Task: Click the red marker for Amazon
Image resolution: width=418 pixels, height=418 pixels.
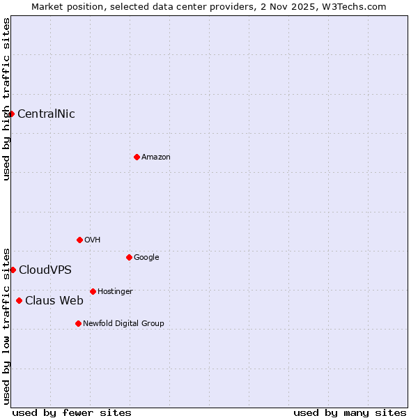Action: pos(137,157)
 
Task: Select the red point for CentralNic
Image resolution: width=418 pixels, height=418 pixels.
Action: pos(11,114)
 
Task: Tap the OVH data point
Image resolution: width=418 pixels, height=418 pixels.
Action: pos(79,240)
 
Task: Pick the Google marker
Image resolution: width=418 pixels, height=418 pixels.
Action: pos(129,257)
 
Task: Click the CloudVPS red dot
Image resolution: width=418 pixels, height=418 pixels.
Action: pos(13,270)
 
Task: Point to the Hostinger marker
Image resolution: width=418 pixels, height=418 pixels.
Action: pos(93,291)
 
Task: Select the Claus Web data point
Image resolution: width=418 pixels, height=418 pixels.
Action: pos(19,301)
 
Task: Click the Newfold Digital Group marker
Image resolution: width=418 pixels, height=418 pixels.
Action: pos(78,323)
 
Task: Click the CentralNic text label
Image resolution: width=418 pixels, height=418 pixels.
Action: pos(46,114)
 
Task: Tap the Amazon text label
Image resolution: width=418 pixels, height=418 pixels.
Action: pos(155,157)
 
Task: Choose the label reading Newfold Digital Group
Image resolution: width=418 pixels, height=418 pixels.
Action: pos(123,323)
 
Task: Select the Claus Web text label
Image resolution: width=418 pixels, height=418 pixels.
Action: pos(54,301)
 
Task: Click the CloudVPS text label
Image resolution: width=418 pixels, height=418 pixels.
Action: pos(45,270)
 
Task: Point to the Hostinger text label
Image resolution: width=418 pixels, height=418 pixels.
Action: pos(115,291)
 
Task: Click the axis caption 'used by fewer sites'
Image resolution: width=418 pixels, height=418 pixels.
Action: pos(72,412)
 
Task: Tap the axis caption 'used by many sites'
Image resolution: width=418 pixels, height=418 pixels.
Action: pos(350,412)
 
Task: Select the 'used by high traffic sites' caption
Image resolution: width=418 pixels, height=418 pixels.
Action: pos(6,99)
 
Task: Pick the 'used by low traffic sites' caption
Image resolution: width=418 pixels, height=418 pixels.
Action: pos(6,325)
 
